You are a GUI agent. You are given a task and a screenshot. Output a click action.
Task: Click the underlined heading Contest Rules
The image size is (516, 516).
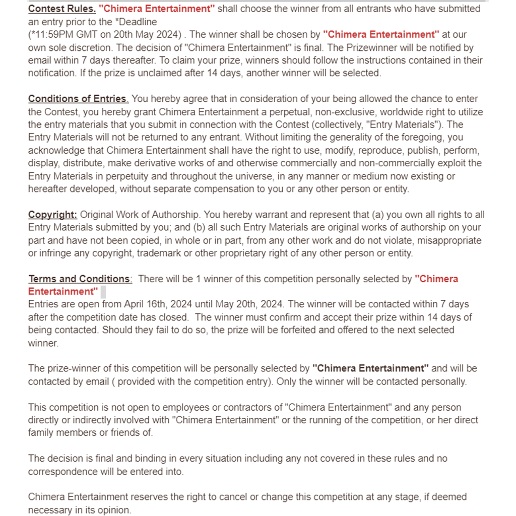61,9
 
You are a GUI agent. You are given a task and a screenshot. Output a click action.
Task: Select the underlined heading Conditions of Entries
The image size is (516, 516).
78,98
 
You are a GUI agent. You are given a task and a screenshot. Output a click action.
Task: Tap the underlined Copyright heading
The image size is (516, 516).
52,215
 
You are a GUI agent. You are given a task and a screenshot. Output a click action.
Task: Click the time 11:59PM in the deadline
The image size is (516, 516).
52,35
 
